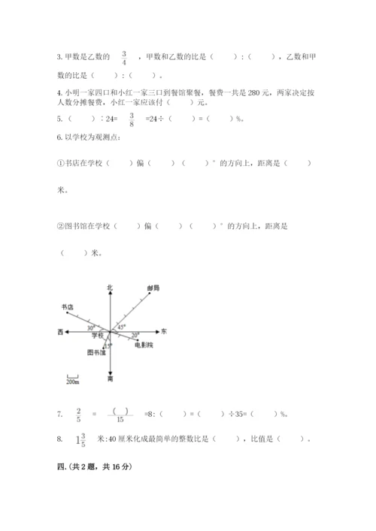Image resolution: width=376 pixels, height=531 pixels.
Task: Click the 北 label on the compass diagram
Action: (x=110, y=288)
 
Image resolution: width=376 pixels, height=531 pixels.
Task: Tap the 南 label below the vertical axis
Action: (x=110, y=380)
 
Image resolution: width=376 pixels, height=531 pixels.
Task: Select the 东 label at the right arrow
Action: (x=165, y=330)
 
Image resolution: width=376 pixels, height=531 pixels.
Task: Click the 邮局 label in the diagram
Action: (x=153, y=288)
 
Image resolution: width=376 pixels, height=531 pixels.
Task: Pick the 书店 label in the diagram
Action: (x=68, y=307)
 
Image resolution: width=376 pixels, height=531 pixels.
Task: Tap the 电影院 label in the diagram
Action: (x=144, y=345)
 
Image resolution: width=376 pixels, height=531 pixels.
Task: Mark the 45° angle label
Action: (x=120, y=326)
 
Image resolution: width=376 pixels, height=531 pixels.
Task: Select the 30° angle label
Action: (x=90, y=327)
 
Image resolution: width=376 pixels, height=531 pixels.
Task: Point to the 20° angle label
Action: (x=135, y=335)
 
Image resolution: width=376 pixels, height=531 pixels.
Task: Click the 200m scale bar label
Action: (x=71, y=382)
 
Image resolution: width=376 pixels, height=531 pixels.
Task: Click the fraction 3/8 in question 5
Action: (x=132, y=118)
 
